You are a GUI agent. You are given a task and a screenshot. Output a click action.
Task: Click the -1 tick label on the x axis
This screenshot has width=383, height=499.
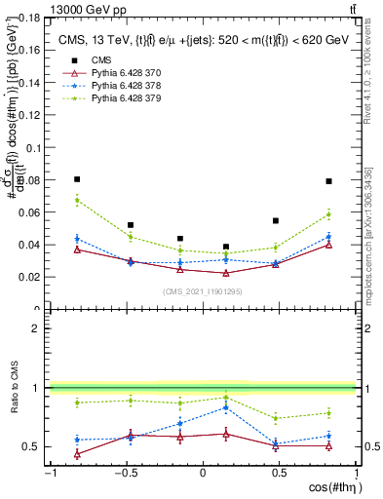coord(49,473)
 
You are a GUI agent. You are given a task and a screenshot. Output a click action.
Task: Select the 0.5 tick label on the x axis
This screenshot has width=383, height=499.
coord(278,473)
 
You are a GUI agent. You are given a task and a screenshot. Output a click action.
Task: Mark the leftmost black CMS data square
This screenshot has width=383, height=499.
coord(77,179)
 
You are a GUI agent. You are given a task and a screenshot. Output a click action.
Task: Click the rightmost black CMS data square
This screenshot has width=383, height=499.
coord(329,181)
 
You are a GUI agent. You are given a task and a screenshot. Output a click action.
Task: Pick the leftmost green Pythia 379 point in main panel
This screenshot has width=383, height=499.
coord(77,201)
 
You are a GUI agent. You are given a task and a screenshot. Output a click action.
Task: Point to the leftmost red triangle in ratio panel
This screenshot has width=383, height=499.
coord(77,453)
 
